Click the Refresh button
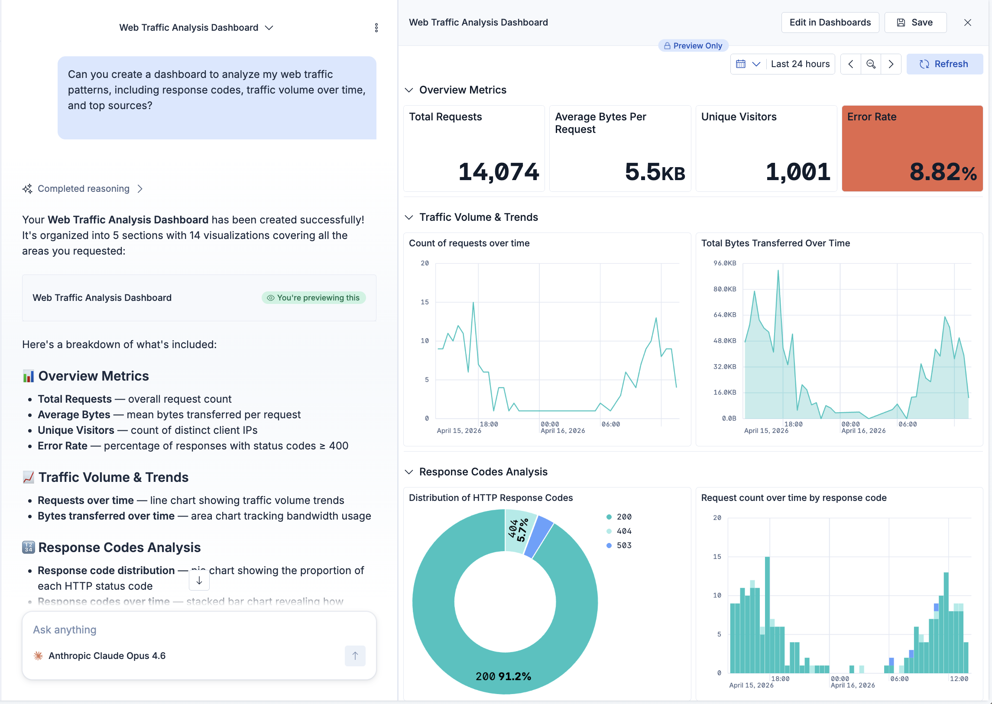pyautogui.click(x=944, y=64)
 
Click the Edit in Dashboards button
pyautogui.click(x=830, y=23)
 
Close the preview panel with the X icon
pyautogui.click(x=967, y=23)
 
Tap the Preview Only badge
pyautogui.click(x=693, y=46)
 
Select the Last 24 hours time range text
pyautogui.click(x=800, y=64)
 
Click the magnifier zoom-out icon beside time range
pyautogui.click(x=870, y=64)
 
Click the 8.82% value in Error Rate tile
pyautogui.click(x=943, y=171)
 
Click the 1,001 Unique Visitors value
pyautogui.click(x=797, y=171)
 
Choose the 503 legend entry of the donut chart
pyautogui.click(x=623, y=546)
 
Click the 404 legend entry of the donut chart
pyautogui.click(x=623, y=531)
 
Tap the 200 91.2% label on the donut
pyautogui.click(x=503, y=676)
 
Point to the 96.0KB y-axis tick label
pyautogui.click(x=724, y=263)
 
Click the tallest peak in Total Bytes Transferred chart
pyautogui.click(x=778, y=271)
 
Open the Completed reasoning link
pyautogui.click(x=83, y=189)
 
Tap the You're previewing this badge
pyautogui.click(x=313, y=298)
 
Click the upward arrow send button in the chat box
pyautogui.click(x=355, y=656)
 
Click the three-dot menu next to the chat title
pyautogui.click(x=376, y=28)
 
